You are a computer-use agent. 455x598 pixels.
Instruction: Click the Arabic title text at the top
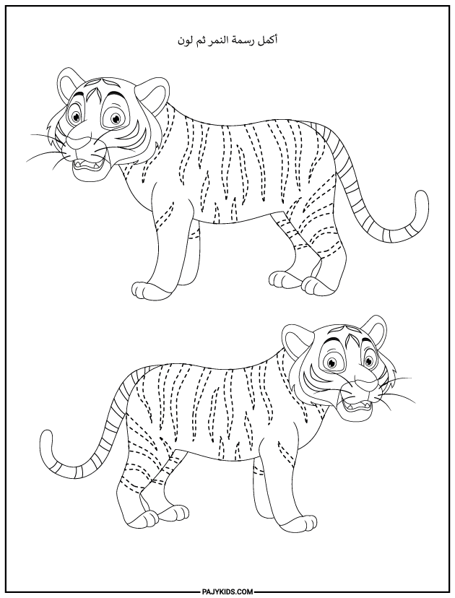[x=227, y=42]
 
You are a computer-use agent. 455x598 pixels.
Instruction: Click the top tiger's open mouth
[x=88, y=164]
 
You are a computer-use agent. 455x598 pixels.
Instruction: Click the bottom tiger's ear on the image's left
[x=294, y=337]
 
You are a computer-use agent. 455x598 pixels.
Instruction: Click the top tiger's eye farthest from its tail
[x=76, y=116]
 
